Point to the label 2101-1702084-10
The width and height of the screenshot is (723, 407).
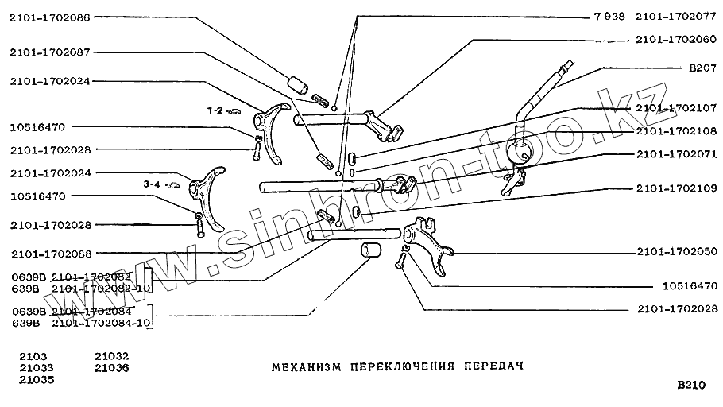tap(101, 323)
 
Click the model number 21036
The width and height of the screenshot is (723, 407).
tap(110, 368)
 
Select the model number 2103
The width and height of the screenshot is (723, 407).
tap(33, 356)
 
